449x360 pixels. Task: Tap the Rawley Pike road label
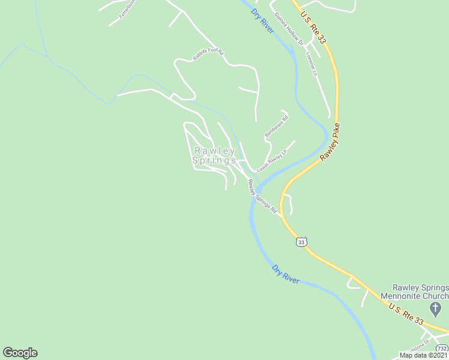[x=330, y=142]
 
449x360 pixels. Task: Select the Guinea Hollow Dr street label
[x=288, y=28]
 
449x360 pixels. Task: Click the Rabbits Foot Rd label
[x=208, y=55]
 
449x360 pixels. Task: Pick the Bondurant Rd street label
[x=277, y=125]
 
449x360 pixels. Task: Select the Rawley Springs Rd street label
[x=262, y=197]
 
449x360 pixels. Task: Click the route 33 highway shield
[x=301, y=242]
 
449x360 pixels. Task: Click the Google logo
[x=20, y=353]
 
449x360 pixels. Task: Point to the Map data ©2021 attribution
[x=423, y=355]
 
